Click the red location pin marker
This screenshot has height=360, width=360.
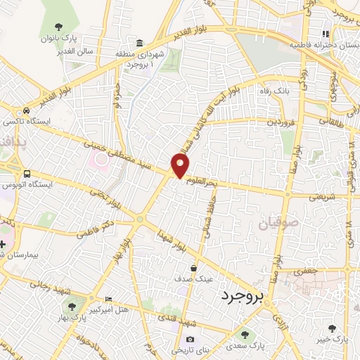tap(181, 165)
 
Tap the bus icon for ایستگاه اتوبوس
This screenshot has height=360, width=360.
tap(27, 174)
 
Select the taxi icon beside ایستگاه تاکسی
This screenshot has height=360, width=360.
tap(26, 111)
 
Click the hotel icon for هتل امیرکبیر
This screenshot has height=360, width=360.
tap(107, 298)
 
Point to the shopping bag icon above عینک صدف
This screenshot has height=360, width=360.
tap(194, 268)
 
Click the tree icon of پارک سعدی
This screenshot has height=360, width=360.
tap(244, 335)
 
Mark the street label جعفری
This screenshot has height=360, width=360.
tap(307, 271)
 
